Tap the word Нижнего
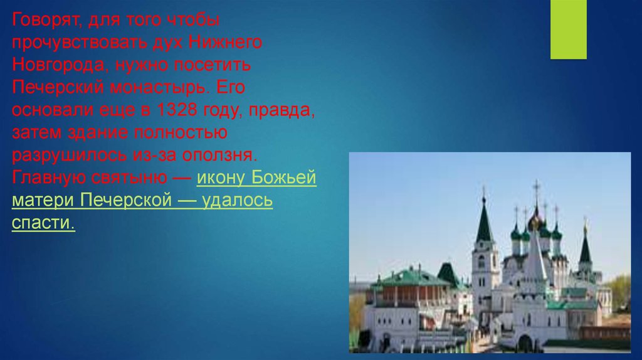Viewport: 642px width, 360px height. tap(225, 42)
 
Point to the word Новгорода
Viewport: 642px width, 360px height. tap(61, 65)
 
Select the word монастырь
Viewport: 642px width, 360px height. tap(160, 88)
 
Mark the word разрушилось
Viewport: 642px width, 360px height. tap(70, 155)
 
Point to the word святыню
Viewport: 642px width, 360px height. tap(129, 177)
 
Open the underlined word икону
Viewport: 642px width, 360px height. tap(221, 177)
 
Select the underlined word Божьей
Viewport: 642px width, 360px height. tap(284, 177)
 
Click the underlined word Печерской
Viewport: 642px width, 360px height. tap(125, 200)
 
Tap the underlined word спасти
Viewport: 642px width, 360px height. tap(43, 223)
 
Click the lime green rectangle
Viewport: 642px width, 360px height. tap(568, 29)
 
